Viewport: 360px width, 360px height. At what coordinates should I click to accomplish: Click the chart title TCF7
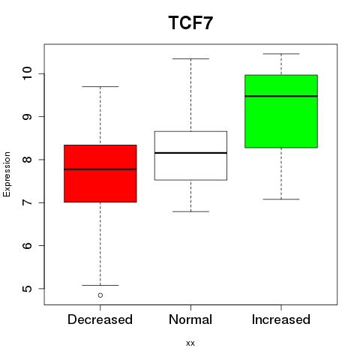point(190,22)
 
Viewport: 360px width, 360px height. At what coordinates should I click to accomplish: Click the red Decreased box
point(100,173)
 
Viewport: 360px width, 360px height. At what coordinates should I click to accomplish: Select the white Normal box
point(190,155)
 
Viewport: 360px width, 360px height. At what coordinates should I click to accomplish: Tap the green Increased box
point(281,111)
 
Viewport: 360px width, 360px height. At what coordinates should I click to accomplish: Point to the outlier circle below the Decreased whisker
point(100,295)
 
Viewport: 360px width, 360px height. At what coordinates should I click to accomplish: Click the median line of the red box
point(100,169)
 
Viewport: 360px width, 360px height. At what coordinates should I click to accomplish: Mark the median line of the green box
point(281,96)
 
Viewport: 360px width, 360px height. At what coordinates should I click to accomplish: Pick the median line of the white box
point(190,153)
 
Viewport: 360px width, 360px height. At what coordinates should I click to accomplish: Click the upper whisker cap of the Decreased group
point(100,86)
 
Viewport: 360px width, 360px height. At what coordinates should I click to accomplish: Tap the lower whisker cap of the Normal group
point(190,211)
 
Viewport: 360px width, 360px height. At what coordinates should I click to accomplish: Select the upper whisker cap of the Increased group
point(281,54)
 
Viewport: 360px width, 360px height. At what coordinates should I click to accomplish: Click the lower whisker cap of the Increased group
point(281,199)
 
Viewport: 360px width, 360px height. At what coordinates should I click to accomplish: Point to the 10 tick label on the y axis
point(27,73)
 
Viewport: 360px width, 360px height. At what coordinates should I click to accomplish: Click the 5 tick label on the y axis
point(27,289)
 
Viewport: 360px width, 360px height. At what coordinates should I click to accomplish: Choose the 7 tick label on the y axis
point(27,202)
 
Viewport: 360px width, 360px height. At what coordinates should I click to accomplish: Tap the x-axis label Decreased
point(100,319)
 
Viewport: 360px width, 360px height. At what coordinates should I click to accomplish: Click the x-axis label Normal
point(190,319)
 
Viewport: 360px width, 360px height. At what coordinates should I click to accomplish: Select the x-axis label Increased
point(281,319)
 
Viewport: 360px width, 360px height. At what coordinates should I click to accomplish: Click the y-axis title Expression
point(7,174)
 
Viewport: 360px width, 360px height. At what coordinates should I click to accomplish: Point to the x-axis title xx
point(190,343)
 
